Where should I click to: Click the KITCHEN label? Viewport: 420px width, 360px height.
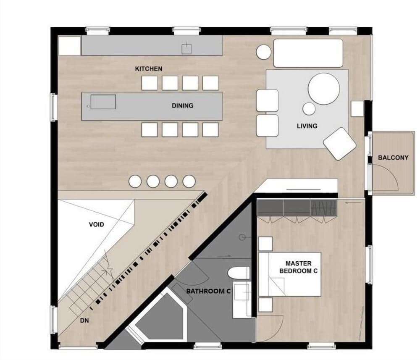(148, 68)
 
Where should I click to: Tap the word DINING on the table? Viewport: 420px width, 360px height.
(182, 106)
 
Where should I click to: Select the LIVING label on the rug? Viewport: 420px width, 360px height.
(307, 126)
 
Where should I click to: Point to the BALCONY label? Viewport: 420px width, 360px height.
(393, 158)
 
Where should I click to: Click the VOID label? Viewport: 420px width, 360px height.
(96, 225)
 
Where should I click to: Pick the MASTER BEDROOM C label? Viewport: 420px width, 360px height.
(298, 267)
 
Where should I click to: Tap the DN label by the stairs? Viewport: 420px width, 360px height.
(84, 321)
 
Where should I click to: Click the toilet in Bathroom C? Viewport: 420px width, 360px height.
(238, 273)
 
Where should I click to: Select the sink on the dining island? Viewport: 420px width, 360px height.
(103, 102)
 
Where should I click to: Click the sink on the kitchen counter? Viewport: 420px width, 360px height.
(186, 48)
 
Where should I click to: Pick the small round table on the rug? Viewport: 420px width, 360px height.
(309, 109)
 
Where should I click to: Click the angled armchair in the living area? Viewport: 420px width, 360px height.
(340, 143)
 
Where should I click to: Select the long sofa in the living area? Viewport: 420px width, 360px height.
(308, 53)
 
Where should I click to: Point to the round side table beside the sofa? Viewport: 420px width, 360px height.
(264, 52)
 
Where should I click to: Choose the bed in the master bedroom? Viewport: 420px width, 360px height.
(290, 274)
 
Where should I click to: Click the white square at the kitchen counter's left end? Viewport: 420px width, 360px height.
(69, 46)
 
